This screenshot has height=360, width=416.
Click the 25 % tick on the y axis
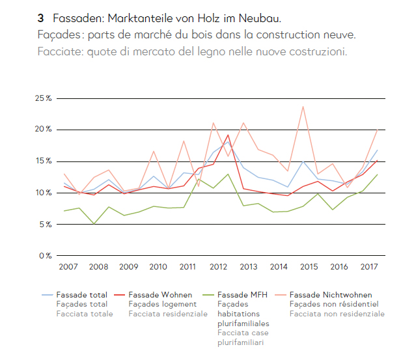[44, 98]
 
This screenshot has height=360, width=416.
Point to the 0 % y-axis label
[45, 256]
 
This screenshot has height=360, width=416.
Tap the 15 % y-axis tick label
[44, 161]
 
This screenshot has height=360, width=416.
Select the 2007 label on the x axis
[68, 267]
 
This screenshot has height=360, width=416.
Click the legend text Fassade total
[82, 294]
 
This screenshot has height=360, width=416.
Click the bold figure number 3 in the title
[40, 18]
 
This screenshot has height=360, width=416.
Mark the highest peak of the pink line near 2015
[303, 107]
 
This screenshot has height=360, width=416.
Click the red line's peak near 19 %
[229, 135]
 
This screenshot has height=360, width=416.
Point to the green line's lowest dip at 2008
[94, 224]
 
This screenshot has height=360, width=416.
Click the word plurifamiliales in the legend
[243, 323]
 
